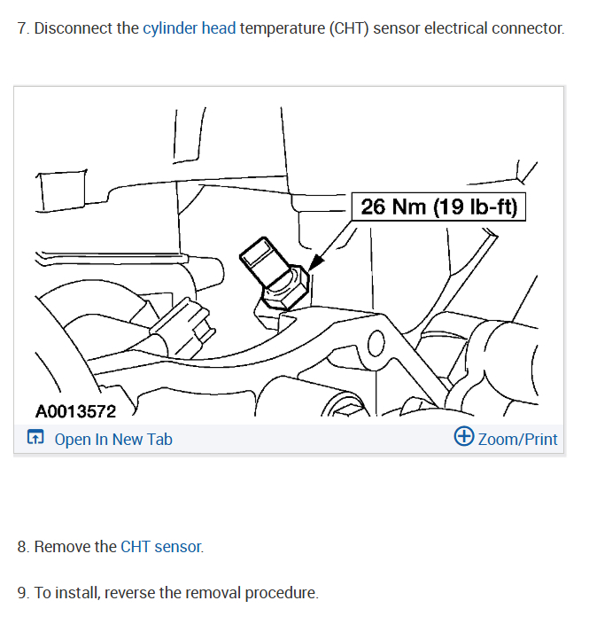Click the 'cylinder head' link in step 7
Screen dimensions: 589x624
point(189,28)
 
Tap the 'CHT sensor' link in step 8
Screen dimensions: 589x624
point(161,547)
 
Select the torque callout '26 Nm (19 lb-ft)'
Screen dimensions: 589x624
point(438,207)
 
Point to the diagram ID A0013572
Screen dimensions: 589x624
point(75,412)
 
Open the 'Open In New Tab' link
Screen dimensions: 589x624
point(113,439)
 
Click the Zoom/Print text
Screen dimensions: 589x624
point(518,439)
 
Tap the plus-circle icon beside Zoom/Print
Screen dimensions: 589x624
point(463,437)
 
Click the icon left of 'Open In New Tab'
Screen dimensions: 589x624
point(35,438)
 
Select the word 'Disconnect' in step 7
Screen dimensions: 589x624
point(74,28)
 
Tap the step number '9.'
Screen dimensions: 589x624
point(23,593)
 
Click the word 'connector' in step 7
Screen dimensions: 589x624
point(527,28)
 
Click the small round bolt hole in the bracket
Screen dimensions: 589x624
point(376,341)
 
